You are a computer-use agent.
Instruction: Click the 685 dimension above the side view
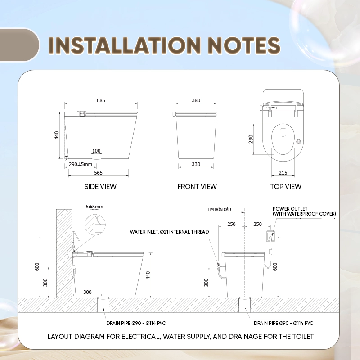(x=101, y=100)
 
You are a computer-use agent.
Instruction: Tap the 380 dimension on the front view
(x=196, y=100)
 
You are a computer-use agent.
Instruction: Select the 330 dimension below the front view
(x=196, y=164)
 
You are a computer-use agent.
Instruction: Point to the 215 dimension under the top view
(x=283, y=173)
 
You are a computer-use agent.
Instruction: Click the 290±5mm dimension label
(x=81, y=164)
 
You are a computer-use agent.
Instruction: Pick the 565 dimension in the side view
(x=98, y=173)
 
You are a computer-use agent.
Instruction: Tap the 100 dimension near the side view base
(x=96, y=151)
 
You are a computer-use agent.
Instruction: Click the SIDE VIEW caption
(x=100, y=187)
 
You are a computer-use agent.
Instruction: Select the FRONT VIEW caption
(x=197, y=187)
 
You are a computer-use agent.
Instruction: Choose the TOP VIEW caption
(x=286, y=187)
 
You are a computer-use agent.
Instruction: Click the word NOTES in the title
(x=244, y=45)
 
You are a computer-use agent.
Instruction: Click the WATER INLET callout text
(x=169, y=232)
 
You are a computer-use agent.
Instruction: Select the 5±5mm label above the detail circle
(x=94, y=207)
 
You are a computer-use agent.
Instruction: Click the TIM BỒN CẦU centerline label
(x=219, y=209)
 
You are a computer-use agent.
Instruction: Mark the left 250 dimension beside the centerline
(x=231, y=224)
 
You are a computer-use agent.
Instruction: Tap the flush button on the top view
(x=298, y=142)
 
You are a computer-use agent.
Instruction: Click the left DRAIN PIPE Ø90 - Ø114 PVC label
(x=136, y=323)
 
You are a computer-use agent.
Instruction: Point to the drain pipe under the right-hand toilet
(x=244, y=305)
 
